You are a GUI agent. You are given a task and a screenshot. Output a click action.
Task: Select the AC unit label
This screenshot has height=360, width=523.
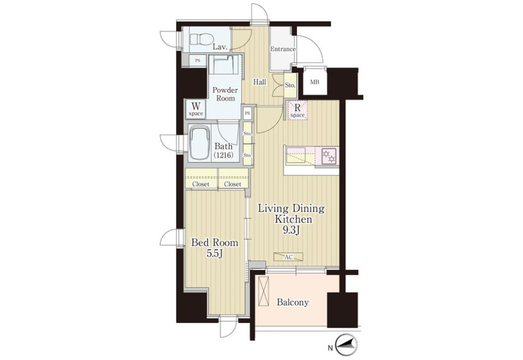(288, 257)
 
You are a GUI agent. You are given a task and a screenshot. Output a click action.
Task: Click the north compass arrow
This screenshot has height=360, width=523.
(346, 347)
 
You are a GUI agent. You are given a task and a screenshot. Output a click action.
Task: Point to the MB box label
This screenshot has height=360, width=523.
(314, 82)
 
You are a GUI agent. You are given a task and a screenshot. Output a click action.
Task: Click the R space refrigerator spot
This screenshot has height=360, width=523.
(298, 110)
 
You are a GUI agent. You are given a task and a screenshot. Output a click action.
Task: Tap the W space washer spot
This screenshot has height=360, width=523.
(196, 109)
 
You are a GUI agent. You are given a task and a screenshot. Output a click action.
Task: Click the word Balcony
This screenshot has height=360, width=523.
(293, 303)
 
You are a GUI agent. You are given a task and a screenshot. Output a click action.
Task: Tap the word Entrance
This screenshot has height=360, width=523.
(283, 49)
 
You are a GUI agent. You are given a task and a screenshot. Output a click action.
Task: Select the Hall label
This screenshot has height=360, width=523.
(260, 82)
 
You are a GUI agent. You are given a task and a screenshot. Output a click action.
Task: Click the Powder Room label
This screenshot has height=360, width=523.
(225, 94)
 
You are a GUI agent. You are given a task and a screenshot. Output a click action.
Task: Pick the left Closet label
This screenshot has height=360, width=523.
(201, 184)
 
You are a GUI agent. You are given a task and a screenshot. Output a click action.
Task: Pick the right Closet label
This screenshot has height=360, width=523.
(232, 184)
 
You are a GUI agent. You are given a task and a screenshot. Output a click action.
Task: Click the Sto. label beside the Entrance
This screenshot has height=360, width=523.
(290, 85)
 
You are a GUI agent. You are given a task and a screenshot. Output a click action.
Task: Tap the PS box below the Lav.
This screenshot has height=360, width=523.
(198, 60)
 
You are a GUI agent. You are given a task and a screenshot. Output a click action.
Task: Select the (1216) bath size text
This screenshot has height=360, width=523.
(223, 155)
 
